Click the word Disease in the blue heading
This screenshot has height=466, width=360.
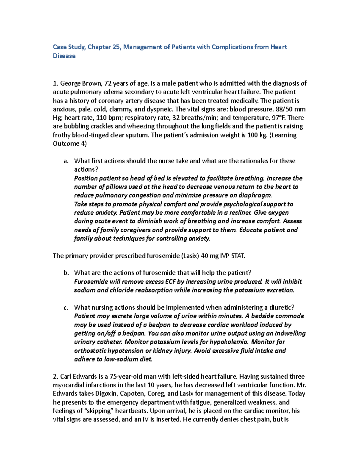[64, 56]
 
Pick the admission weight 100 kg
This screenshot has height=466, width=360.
[257, 135]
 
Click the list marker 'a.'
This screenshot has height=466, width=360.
[66, 161]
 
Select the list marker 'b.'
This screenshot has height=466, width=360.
[66, 273]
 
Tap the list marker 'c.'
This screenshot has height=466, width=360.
[66, 308]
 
